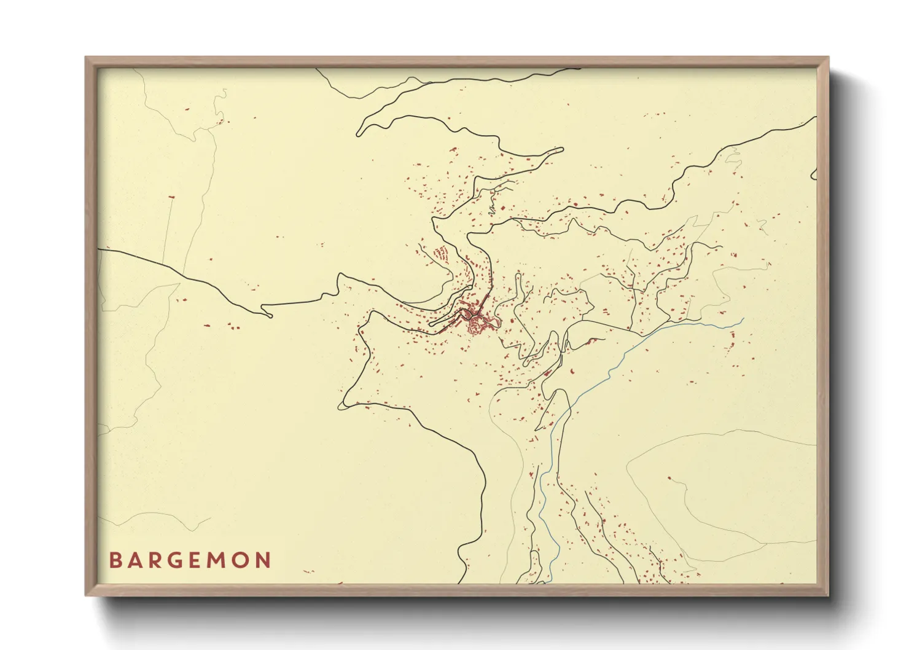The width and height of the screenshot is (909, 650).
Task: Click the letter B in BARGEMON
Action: coord(115,560)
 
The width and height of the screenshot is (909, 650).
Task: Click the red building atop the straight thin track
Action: coord(171,197)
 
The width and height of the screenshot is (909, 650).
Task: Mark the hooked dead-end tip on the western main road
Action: coord(269,316)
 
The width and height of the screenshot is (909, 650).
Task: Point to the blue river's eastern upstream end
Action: coord(743,318)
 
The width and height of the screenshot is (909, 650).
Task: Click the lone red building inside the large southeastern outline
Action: coord(670,479)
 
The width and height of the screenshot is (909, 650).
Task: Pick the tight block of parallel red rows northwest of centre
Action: coord(440,254)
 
